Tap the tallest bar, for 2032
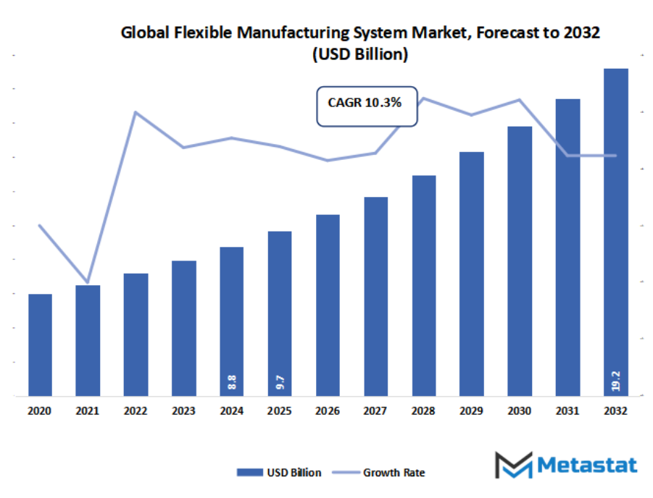click(615, 232)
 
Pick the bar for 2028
click(423, 285)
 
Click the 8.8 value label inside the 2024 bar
click(232, 382)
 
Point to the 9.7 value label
click(280, 382)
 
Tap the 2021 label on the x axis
click(88, 410)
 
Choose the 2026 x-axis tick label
click(328, 410)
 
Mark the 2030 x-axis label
click(519, 410)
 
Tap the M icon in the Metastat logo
click(513, 465)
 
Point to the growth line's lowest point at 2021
click(88, 282)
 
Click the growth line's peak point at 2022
click(136, 112)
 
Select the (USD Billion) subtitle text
click(360, 54)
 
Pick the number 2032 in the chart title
click(581, 33)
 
